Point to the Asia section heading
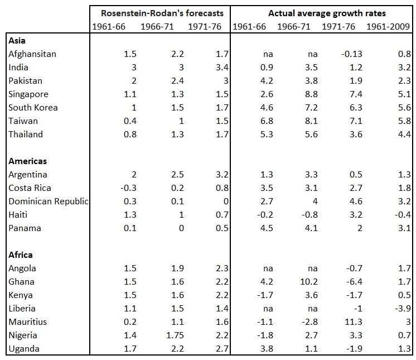[x=18, y=40]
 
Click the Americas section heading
[x=28, y=161]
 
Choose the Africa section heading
[x=21, y=255]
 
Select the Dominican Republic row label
[x=49, y=201]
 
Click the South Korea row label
[x=33, y=107]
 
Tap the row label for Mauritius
[x=28, y=322]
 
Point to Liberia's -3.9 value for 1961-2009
[x=402, y=309]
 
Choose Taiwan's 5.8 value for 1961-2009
[x=404, y=121]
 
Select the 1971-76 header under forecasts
[x=204, y=27]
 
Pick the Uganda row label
[x=23, y=349]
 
